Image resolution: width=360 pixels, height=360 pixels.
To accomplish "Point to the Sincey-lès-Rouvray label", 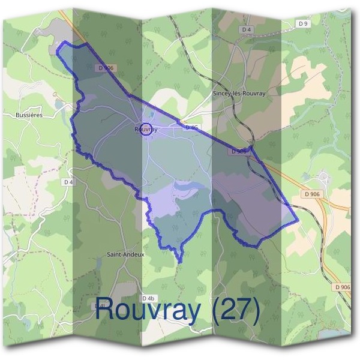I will (239, 94).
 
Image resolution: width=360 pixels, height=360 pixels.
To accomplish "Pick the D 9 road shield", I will (304, 23).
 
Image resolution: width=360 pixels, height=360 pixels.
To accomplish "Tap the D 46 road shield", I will (191, 128).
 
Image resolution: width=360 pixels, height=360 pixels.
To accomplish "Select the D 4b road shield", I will (148, 298).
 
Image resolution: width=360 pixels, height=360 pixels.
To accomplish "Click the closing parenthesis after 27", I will (255, 311).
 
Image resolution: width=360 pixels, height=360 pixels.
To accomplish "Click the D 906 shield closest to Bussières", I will (106, 68).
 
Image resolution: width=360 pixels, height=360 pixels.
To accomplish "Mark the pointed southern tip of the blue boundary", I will (179, 262).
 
